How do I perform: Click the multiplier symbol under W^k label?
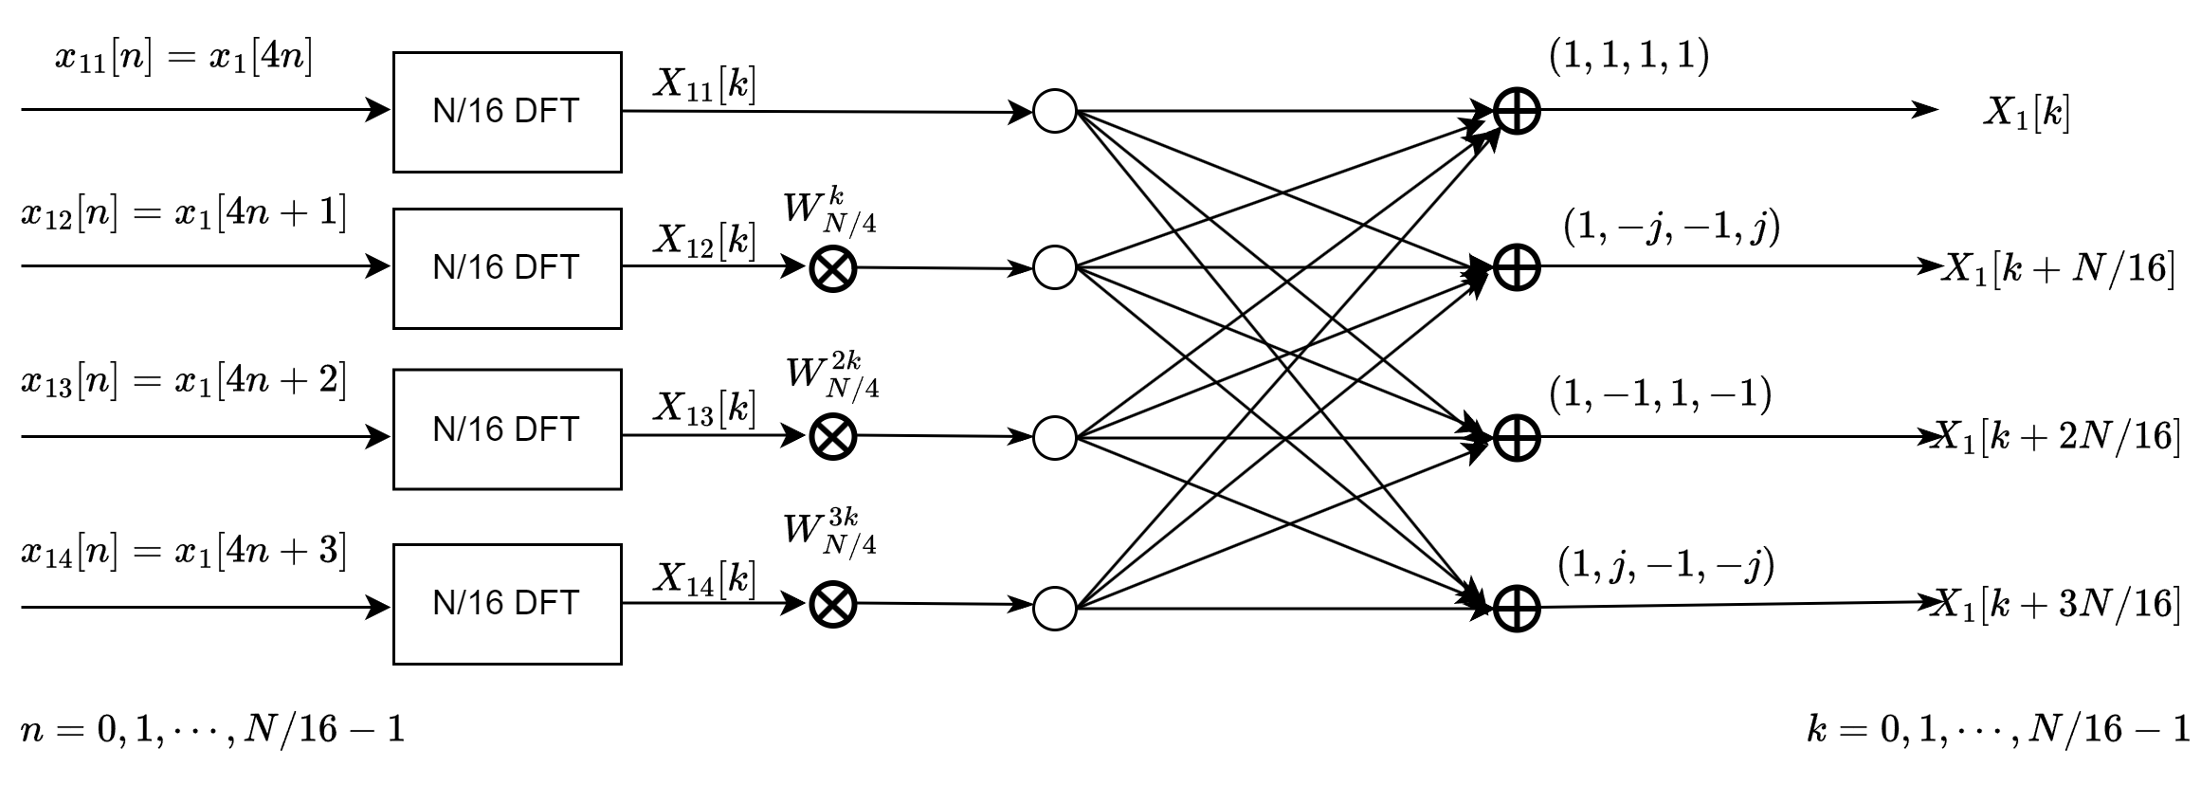tap(833, 268)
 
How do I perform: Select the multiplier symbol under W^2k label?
tap(833, 436)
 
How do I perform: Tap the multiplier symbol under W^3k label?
tap(833, 604)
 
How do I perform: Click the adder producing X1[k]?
tap(1517, 112)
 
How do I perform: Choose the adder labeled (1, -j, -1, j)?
tap(1517, 268)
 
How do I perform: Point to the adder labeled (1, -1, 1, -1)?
tap(1517, 437)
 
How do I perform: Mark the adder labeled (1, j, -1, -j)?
tap(1517, 608)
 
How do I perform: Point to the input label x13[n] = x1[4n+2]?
tap(184, 382)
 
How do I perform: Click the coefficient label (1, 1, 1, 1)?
tap(1629, 57)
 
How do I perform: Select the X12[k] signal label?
tap(704, 243)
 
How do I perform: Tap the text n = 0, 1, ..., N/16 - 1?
tap(213, 729)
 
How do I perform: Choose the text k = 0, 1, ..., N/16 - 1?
tap(1998, 729)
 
